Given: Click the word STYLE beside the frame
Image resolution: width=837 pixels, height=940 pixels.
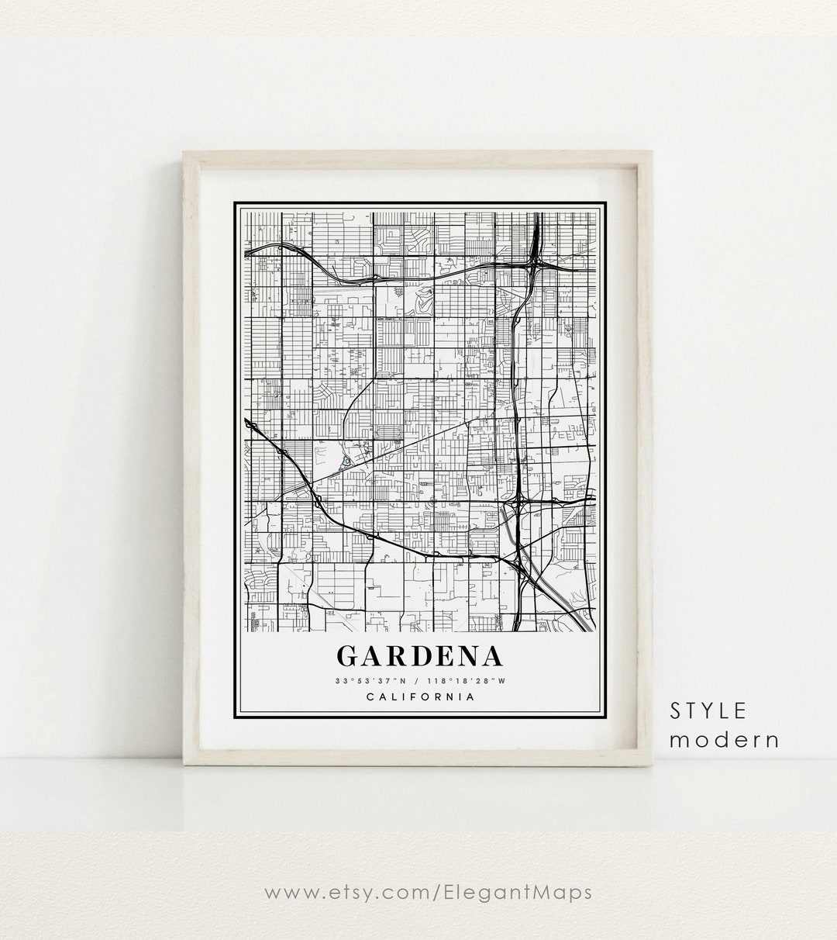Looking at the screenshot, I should coord(709,710).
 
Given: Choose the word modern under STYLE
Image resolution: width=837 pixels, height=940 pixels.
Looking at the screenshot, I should coord(725,739).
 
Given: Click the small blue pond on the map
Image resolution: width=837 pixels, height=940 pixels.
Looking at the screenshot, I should coord(346,461).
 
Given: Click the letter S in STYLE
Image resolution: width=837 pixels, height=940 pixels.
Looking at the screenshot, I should coord(675,710).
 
